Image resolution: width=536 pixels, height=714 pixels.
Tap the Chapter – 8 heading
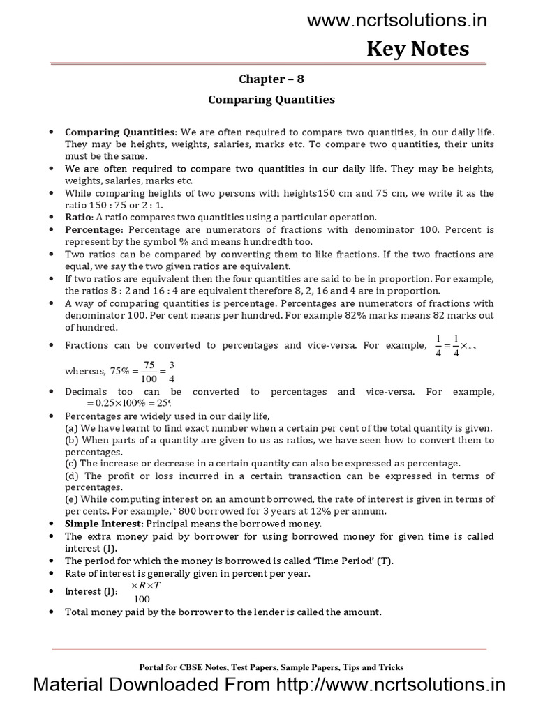click(271, 79)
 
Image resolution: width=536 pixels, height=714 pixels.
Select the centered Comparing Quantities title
click(271, 100)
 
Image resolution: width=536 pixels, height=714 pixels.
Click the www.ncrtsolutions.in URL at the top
click(397, 21)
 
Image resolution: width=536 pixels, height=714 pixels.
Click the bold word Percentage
click(93, 229)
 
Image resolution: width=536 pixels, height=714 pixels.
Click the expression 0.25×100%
click(121, 402)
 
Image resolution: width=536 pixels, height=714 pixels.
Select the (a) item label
click(71, 427)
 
